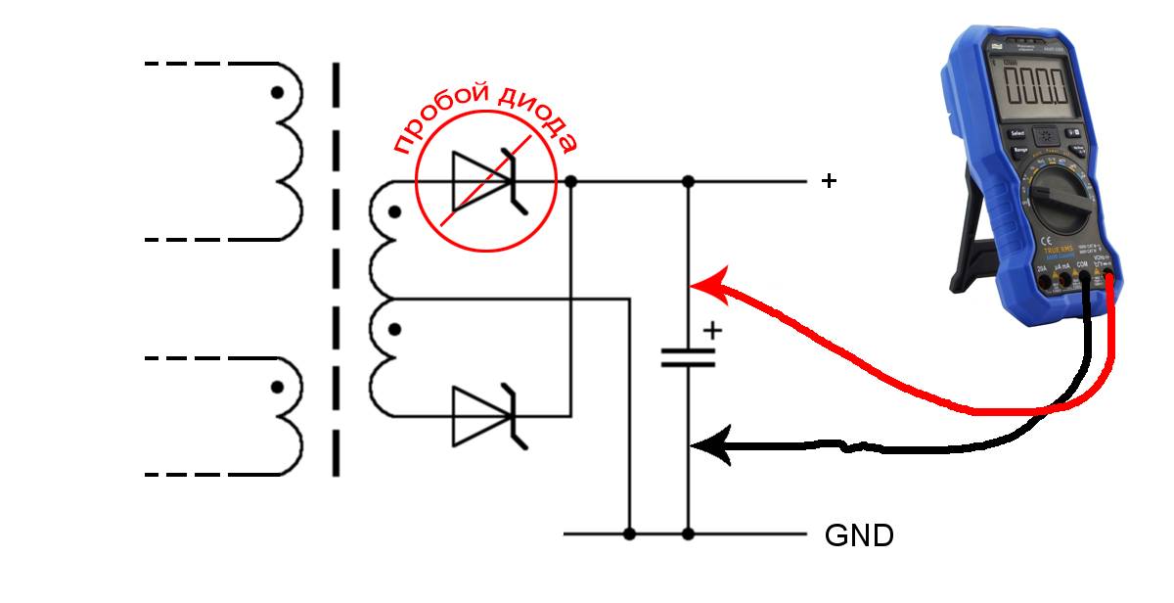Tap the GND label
(859, 535)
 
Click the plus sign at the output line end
(830, 181)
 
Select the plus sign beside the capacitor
(713, 331)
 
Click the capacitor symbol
(688, 356)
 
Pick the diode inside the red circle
(485, 181)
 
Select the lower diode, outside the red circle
(485, 416)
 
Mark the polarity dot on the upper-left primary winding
(278, 93)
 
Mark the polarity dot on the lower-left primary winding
(278, 389)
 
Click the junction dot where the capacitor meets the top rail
(688, 181)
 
